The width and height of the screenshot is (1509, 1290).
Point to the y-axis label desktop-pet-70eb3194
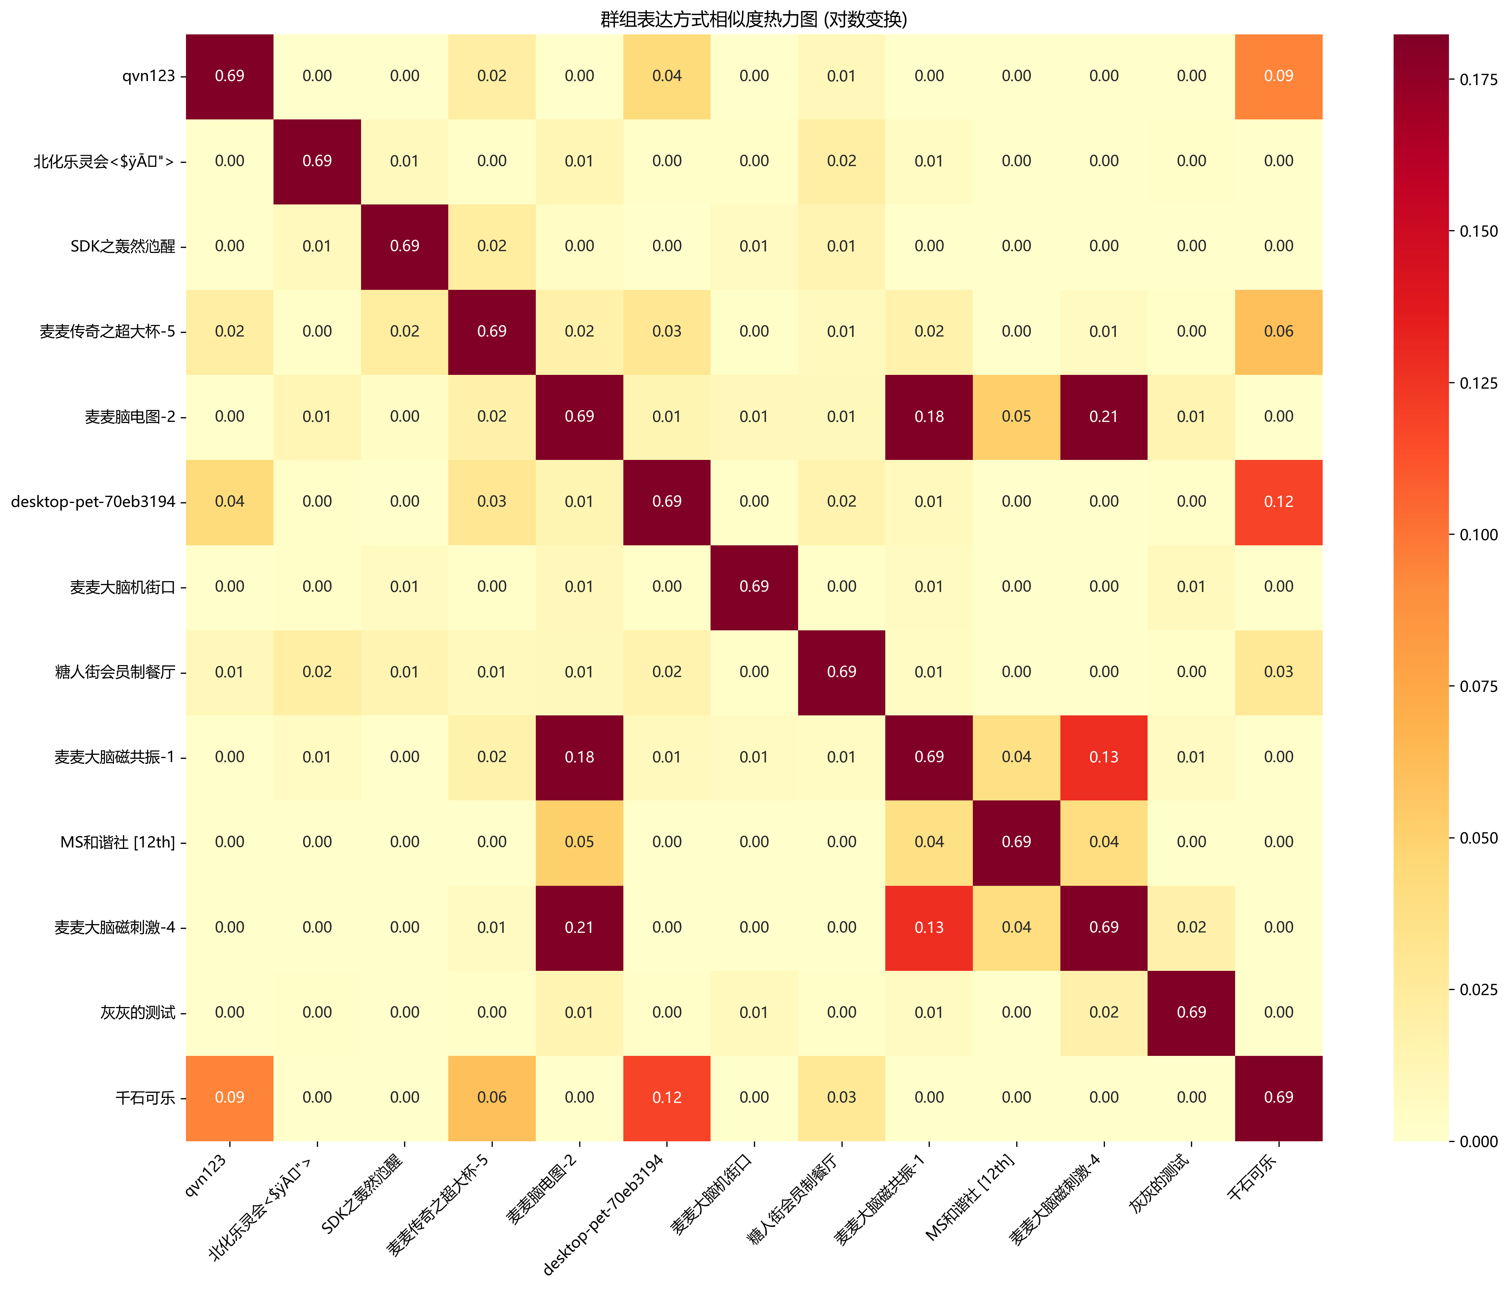pos(93,502)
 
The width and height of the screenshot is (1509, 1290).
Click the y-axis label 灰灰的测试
pos(138,1012)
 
